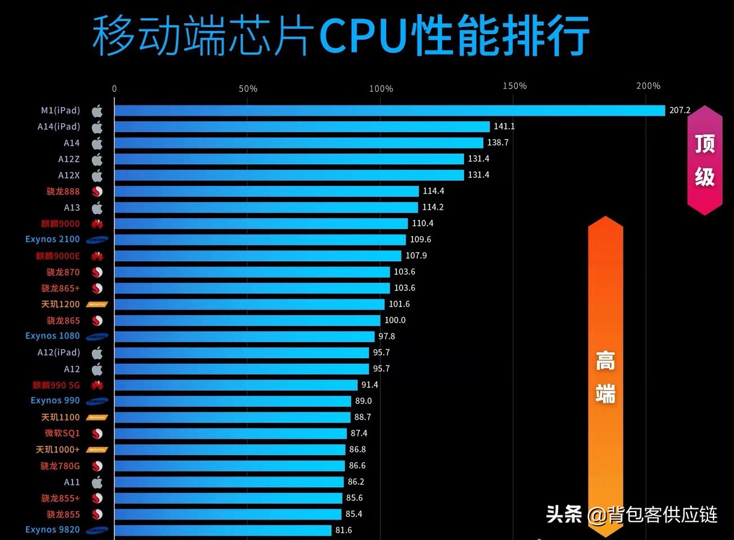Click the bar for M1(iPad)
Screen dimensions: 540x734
click(x=389, y=110)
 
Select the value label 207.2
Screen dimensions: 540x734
click(x=680, y=110)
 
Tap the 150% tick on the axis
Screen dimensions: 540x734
click(x=514, y=86)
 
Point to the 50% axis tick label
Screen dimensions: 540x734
click(x=248, y=89)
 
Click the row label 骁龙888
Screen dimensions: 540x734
click(x=63, y=192)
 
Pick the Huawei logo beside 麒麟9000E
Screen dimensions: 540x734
click(x=97, y=256)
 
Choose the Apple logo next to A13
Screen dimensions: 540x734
click(x=97, y=207)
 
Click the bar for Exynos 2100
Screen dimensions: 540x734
click(x=260, y=240)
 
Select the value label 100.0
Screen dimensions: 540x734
click(x=395, y=320)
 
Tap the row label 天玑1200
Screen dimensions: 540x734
click(x=60, y=304)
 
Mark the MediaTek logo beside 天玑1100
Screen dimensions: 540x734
click(x=97, y=418)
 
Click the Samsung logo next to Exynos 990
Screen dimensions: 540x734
click(x=97, y=401)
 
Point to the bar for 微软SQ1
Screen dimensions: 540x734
click(x=230, y=433)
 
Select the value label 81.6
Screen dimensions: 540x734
click(x=343, y=530)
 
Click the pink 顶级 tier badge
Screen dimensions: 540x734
click(x=705, y=160)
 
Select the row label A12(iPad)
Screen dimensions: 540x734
click(x=58, y=352)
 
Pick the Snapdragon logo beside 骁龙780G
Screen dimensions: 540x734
click(x=97, y=466)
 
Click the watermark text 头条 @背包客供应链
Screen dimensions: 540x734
click(x=631, y=515)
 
